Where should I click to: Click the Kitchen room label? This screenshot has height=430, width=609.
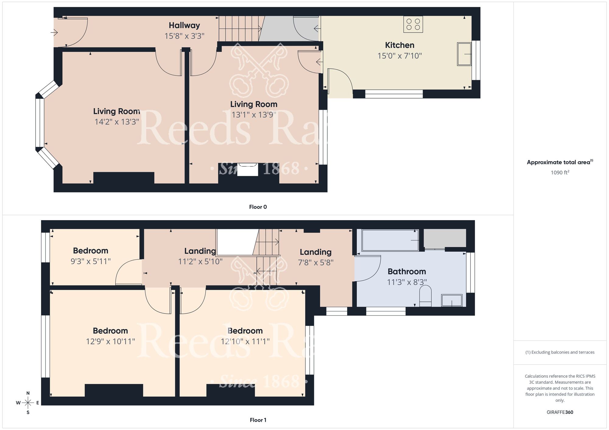pos(400,45)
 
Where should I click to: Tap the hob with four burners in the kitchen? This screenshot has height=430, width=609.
pos(413,24)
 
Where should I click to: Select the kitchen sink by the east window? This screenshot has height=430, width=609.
pos(464,54)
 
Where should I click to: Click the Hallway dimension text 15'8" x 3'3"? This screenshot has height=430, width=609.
pos(184,36)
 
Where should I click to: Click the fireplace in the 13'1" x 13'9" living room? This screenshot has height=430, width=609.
pos(248,170)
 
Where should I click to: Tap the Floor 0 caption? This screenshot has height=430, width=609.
pos(258,207)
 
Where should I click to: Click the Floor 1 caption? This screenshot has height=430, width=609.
pos(258,420)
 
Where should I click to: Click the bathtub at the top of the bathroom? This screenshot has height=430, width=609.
pos(390,240)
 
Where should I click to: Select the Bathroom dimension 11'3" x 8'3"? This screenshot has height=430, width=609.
pos(407,282)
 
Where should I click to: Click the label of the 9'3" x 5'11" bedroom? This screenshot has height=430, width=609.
pos(90,251)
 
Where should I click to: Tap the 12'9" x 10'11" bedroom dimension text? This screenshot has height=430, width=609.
pos(110,342)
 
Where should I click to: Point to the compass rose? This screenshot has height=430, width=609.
pos(28,403)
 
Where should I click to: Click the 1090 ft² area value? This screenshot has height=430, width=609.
pos(560,173)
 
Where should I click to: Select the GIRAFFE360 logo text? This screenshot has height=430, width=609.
pos(560,412)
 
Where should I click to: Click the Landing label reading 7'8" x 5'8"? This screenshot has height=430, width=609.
pos(315,252)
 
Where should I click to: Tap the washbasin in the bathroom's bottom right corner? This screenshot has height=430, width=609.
pos(452,300)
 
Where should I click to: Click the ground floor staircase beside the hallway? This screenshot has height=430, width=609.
pos(239,29)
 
